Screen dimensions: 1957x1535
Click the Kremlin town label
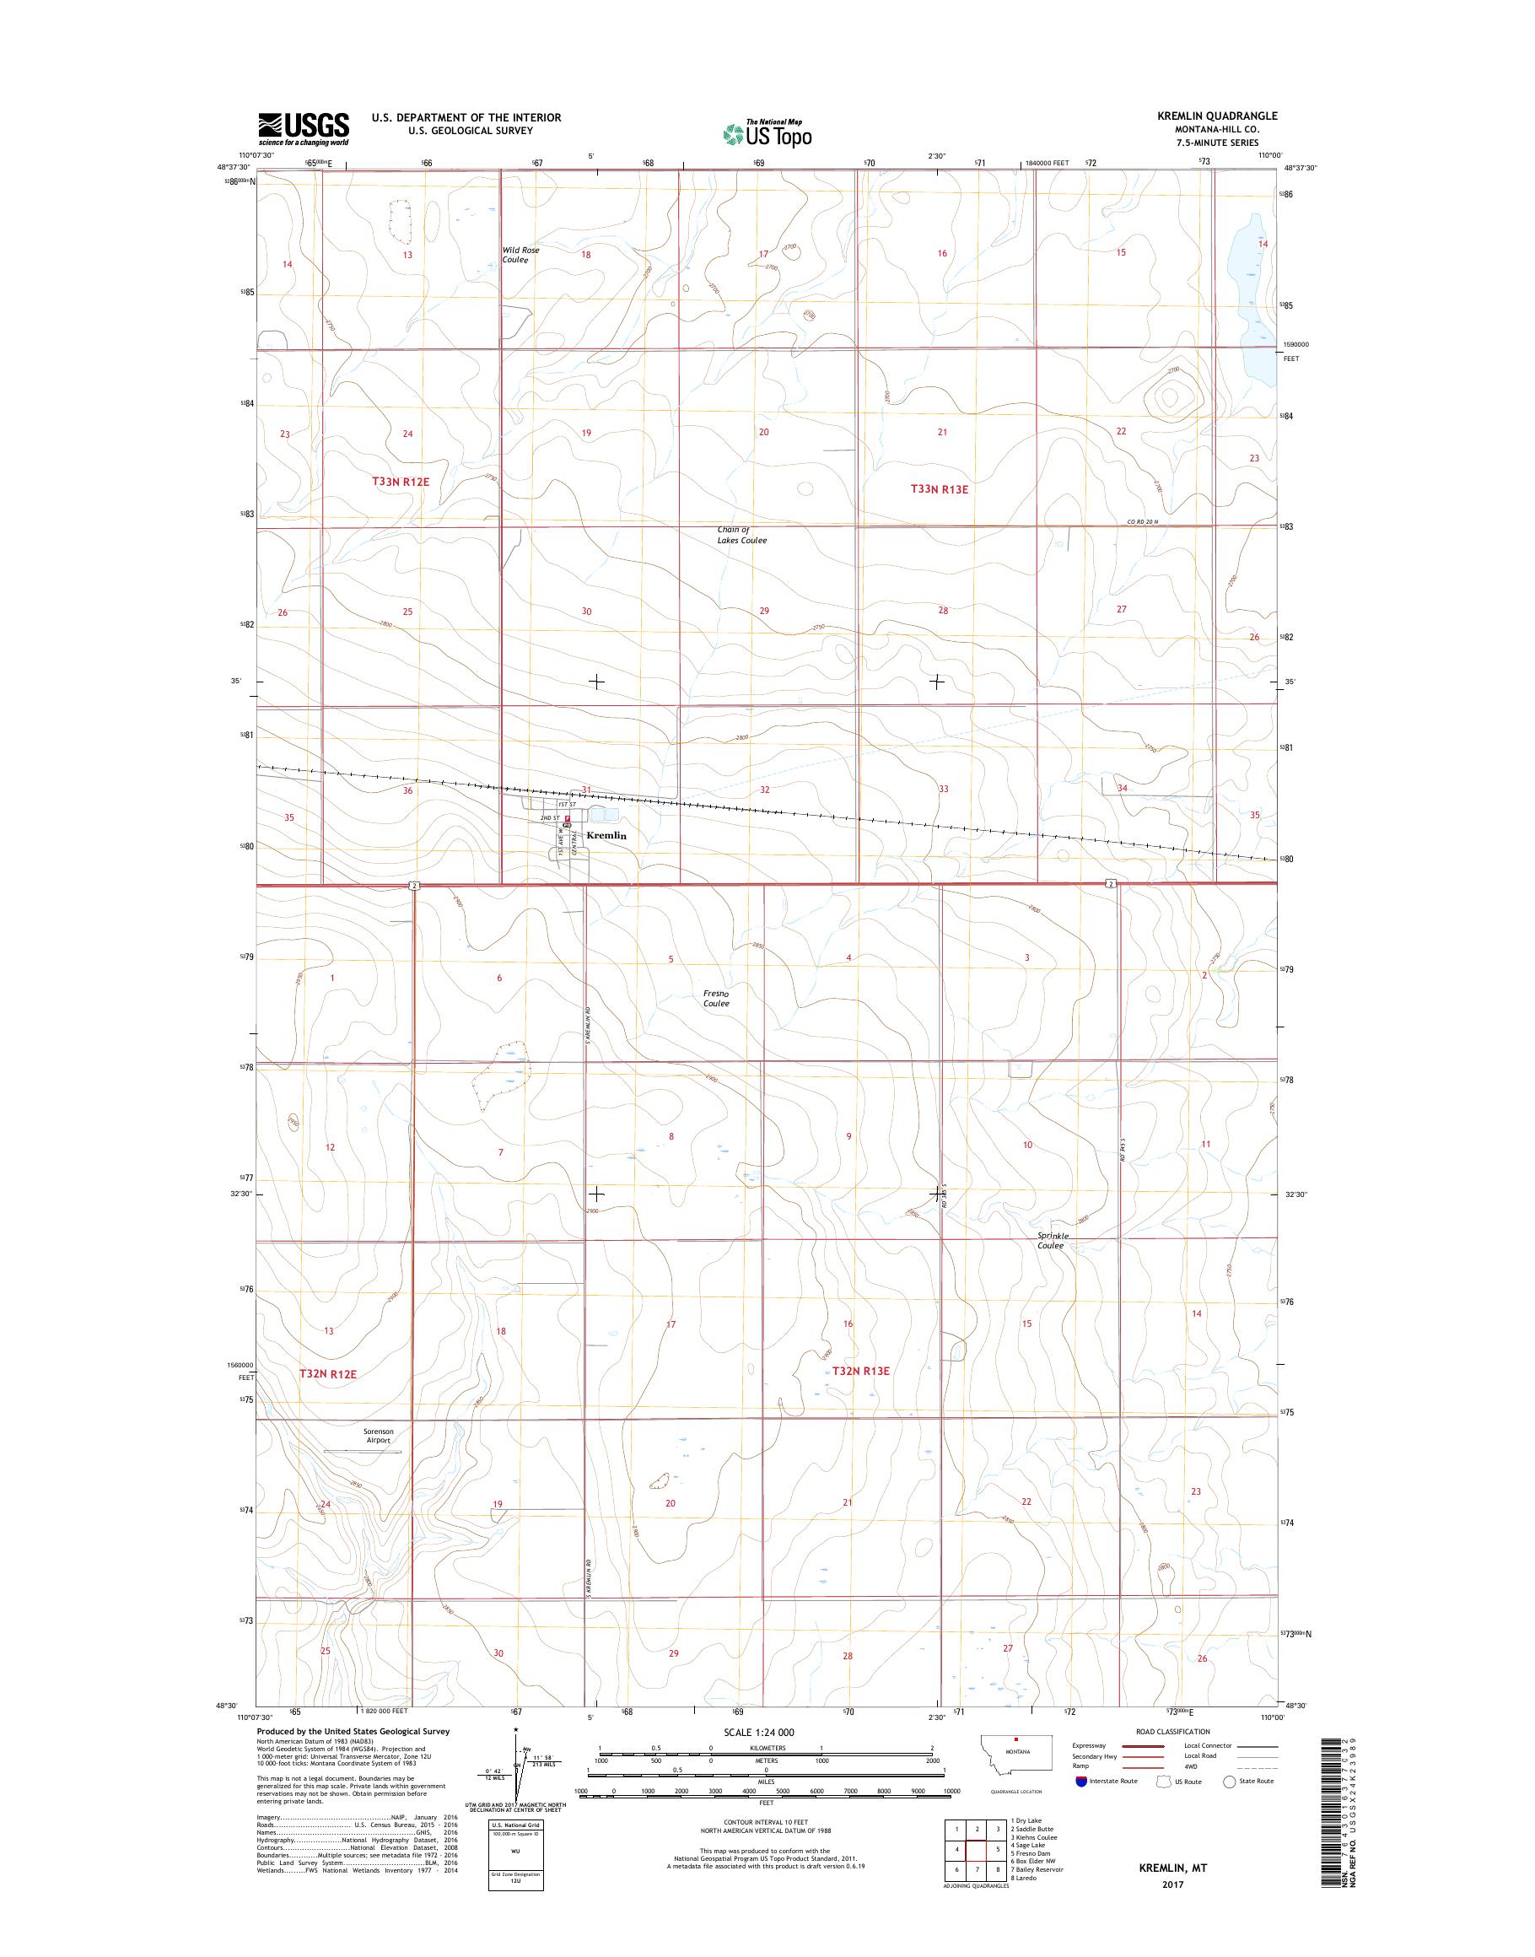(606, 835)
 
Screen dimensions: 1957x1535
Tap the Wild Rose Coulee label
(520, 255)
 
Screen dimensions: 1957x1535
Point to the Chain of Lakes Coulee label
(741, 535)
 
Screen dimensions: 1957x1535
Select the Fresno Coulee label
(716, 998)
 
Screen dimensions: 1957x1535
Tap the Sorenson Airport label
(379, 1460)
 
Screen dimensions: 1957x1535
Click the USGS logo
(304, 129)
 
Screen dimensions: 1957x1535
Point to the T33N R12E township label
(401, 482)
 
